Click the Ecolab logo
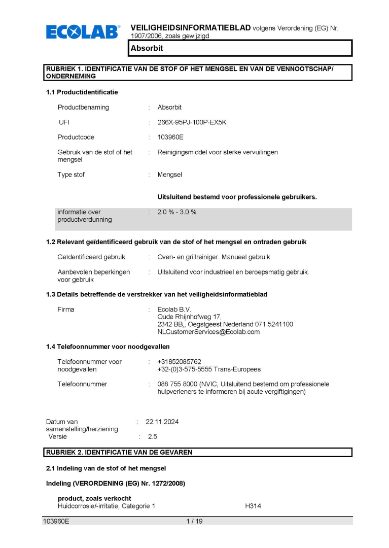coord(83,32)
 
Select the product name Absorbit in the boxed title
coord(146,48)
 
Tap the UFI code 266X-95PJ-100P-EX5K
coord(192,122)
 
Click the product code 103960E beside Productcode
coord(170,137)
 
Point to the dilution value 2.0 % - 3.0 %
coord(176,212)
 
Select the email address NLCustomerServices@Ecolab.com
coord(208,332)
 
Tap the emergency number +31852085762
coord(179,362)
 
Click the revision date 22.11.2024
coord(162,422)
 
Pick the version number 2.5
coord(152,436)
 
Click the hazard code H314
coord(253,506)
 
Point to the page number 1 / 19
coord(194,521)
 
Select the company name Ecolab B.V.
coord(174,310)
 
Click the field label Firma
coord(66,310)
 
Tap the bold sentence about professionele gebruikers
coord(237,197)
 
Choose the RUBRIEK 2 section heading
coord(119,452)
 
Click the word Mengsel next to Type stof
coord(169,175)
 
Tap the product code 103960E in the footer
coord(56,521)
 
